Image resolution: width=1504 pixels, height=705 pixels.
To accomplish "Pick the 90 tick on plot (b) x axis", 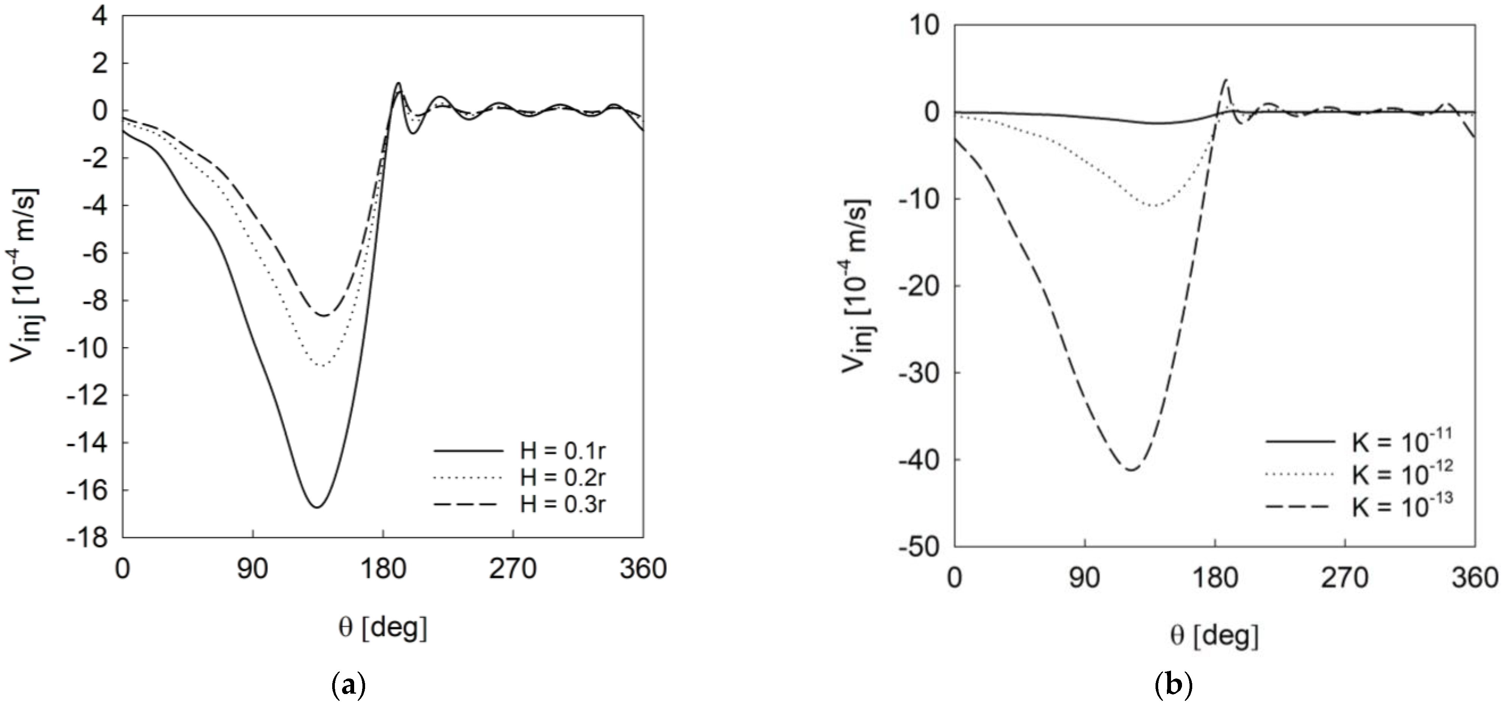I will pos(1085,578).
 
